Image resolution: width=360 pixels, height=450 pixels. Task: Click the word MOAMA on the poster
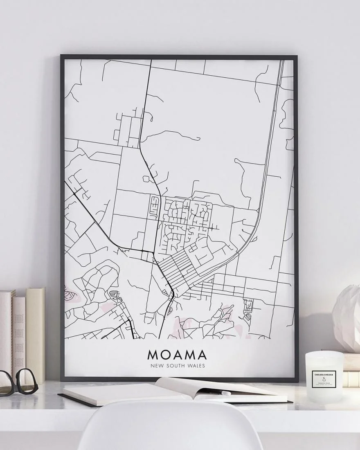(177, 354)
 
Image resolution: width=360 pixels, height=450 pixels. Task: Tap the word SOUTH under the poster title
(177, 365)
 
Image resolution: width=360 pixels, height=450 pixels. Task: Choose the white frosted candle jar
(324, 376)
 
